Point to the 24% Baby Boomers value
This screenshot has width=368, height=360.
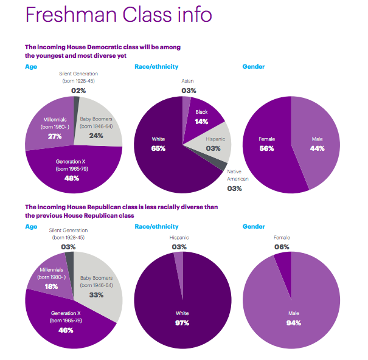click(x=95, y=136)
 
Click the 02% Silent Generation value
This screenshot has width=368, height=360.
click(x=77, y=91)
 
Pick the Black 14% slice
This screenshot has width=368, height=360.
click(x=202, y=121)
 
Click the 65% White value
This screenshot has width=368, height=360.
click(x=158, y=148)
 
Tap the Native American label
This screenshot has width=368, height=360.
click(x=234, y=175)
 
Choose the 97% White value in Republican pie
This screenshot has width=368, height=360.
click(x=183, y=322)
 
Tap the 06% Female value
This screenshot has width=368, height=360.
click(x=281, y=247)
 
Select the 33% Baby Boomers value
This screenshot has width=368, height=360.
click(x=95, y=295)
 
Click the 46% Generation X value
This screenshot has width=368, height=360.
click(x=66, y=330)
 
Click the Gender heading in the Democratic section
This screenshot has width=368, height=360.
click(x=253, y=66)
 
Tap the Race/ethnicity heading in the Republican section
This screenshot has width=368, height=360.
click(x=156, y=226)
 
